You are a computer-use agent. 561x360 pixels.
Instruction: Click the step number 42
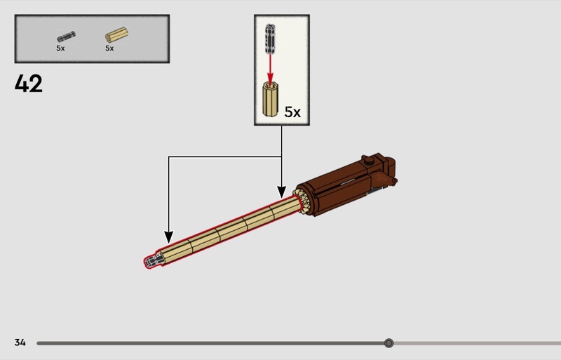click(29, 84)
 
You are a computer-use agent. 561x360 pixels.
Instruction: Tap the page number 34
click(20, 342)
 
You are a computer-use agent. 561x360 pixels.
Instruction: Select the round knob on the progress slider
click(389, 343)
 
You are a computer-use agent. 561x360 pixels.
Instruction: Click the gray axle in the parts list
click(66, 36)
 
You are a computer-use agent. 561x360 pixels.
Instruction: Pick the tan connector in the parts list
click(116, 35)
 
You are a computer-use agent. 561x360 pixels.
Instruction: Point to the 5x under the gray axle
click(60, 48)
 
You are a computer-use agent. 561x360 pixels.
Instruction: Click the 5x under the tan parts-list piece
click(109, 48)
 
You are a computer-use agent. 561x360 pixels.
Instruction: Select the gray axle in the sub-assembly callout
click(270, 39)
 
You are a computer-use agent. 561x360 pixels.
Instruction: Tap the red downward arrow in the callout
click(270, 70)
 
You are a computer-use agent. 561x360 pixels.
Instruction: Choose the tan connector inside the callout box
click(271, 99)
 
